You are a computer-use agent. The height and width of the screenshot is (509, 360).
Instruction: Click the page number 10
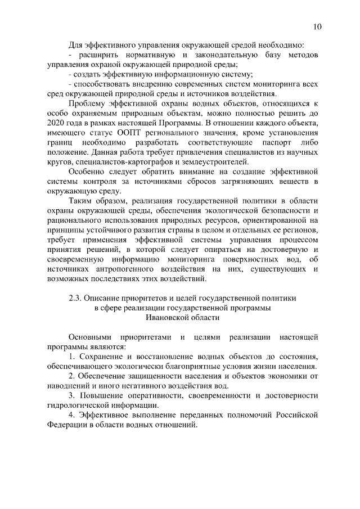[318, 26]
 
